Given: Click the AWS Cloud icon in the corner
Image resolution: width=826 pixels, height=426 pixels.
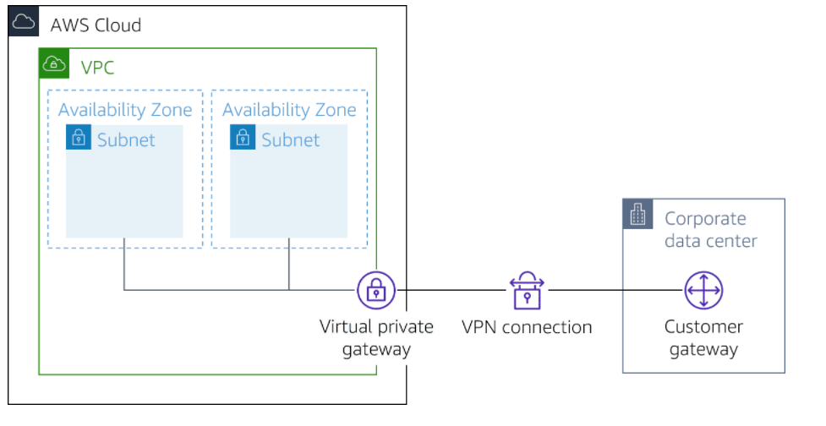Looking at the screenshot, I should pyautogui.click(x=24, y=22).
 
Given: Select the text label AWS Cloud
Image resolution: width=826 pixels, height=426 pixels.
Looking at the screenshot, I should pyautogui.click(x=96, y=25).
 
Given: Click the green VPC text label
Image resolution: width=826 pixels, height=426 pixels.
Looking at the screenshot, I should pyautogui.click(x=97, y=67).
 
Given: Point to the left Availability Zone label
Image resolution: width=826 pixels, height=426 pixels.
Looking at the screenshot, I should pyautogui.click(x=125, y=110).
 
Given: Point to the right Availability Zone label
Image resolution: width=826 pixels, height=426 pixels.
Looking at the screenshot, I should pyautogui.click(x=289, y=110).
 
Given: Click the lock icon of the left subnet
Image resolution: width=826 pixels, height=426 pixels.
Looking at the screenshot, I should pyautogui.click(x=79, y=138).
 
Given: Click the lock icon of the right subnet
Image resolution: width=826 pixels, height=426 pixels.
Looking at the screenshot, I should pyautogui.click(x=243, y=138).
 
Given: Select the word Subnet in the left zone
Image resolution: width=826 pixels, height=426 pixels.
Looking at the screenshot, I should pyautogui.click(x=126, y=139).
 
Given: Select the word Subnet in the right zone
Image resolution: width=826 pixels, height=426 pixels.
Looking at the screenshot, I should pyautogui.click(x=290, y=139).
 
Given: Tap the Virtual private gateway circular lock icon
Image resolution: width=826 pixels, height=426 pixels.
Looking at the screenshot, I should pyautogui.click(x=376, y=291).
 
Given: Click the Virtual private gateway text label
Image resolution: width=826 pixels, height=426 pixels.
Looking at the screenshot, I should pyautogui.click(x=376, y=337).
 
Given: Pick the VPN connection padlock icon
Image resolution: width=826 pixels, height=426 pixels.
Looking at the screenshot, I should pyautogui.click(x=527, y=291).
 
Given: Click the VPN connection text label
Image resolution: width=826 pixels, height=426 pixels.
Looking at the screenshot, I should pyautogui.click(x=527, y=327).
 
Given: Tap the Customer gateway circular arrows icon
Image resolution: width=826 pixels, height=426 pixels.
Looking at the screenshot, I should pyautogui.click(x=703, y=291).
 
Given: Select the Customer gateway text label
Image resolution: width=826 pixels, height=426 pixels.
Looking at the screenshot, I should pyautogui.click(x=703, y=337).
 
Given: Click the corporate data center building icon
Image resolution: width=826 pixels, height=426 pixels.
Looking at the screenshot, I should pyautogui.click(x=638, y=216).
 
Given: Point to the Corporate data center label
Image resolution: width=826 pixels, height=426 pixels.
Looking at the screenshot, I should pyautogui.click(x=710, y=229).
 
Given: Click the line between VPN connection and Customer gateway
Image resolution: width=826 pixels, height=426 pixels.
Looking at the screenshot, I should pyautogui.click(x=615, y=291).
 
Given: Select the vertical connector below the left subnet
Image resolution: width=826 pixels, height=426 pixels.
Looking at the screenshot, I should pyautogui.click(x=124, y=264).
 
